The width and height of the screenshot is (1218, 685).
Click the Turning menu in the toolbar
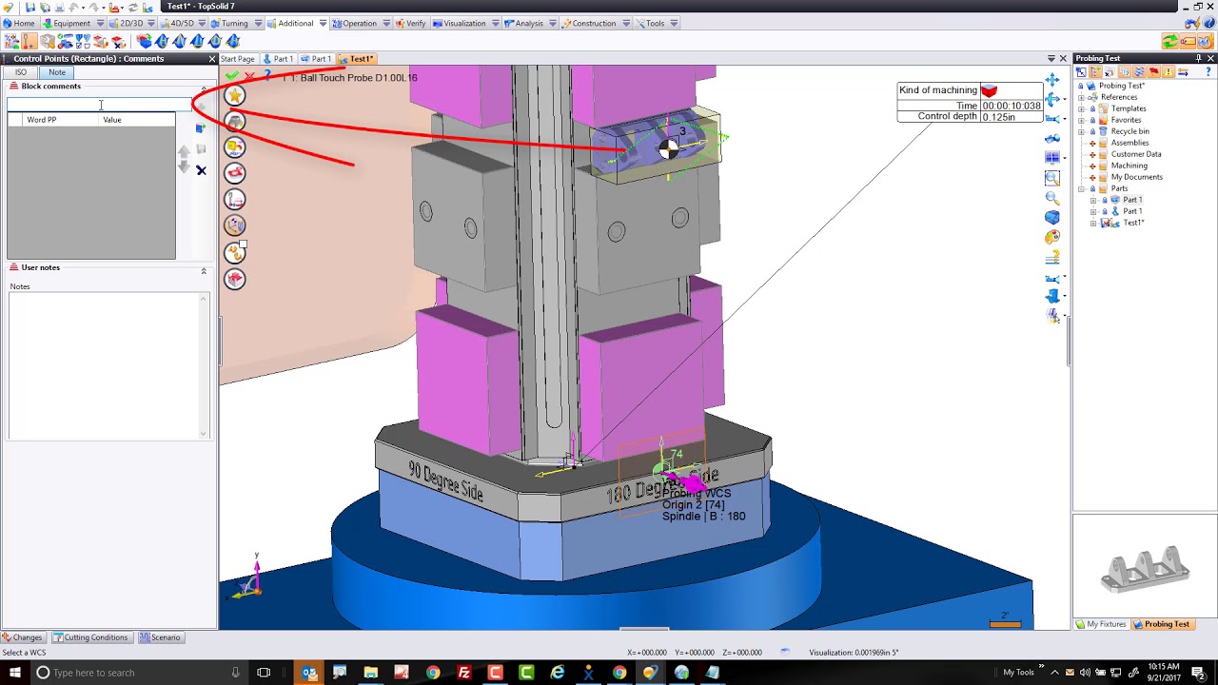coord(234,24)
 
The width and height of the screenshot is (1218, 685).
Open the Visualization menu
coord(464,24)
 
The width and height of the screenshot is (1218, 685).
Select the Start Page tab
coord(238,59)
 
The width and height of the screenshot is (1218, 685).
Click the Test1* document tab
coord(361,59)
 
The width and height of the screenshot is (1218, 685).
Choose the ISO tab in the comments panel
coord(21,72)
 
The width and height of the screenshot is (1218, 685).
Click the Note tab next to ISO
coord(57,72)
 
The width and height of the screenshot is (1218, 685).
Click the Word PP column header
coord(42,120)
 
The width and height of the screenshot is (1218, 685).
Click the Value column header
coord(112,120)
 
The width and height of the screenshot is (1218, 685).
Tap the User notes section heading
coord(40,267)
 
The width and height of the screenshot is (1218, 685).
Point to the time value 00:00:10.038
coord(1012,106)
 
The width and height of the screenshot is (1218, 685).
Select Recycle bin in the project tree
coord(1130,131)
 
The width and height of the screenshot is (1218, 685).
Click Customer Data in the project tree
coord(1135,154)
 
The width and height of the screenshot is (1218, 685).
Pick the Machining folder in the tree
coord(1129,166)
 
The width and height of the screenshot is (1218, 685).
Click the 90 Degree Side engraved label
coord(445,481)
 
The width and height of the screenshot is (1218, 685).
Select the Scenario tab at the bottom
coord(165,637)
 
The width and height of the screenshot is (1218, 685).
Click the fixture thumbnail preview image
coord(1146,568)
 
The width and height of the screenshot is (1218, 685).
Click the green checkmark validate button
coord(231,75)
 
